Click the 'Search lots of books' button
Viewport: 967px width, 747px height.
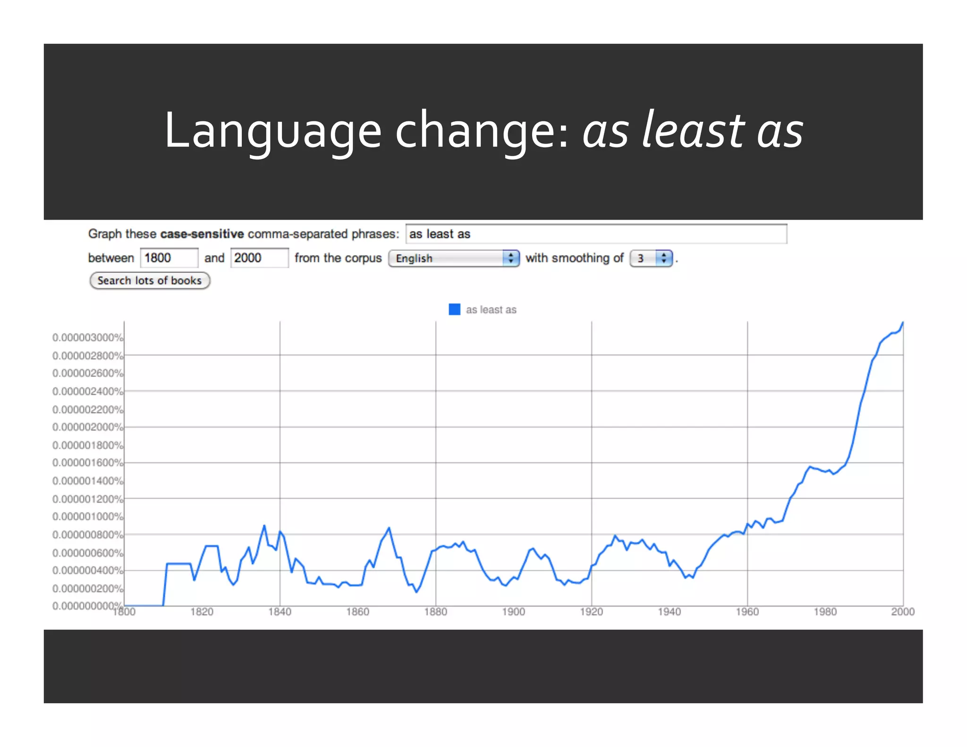(150, 280)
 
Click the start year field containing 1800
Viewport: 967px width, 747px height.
(169, 258)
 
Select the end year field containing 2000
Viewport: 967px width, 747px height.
(259, 258)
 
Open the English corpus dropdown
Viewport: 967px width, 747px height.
(454, 258)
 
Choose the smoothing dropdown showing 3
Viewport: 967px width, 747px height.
(651, 258)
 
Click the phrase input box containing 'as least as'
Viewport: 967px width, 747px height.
(596, 234)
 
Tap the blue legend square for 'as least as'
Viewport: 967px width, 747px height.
(454, 309)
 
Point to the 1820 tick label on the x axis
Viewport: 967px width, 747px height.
(202, 612)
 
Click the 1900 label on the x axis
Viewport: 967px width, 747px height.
(513, 612)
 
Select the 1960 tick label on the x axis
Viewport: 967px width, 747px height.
(747, 612)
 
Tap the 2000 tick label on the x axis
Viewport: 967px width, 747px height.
(902, 612)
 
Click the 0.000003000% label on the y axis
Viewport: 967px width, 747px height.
(87, 338)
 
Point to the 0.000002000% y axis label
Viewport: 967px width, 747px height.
(87, 427)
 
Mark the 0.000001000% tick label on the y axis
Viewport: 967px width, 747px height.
(87, 517)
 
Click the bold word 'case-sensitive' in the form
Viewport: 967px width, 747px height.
(202, 234)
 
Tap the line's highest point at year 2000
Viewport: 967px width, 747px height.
(903, 323)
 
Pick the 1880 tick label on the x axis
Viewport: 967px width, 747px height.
(435, 612)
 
